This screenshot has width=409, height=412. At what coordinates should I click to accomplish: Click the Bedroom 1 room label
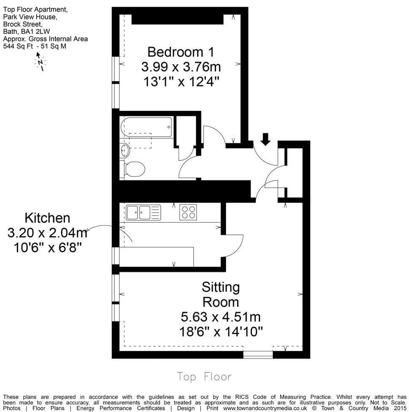[181, 52]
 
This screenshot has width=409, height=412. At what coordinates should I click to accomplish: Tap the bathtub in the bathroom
[146, 127]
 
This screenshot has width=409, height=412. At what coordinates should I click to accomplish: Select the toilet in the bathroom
[134, 169]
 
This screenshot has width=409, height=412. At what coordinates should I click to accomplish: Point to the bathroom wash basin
[125, 150]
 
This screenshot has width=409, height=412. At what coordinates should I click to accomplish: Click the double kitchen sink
[144, 212]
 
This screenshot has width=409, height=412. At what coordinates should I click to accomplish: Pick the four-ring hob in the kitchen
[188, 212]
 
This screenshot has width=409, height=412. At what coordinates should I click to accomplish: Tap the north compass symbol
[40, 62]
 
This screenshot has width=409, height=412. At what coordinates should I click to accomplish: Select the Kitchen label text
[47, 218]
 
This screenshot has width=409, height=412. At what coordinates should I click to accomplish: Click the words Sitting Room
[221, 295]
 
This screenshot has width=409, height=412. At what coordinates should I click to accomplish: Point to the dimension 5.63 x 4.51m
[221, 317]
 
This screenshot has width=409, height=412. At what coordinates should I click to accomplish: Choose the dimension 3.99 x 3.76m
[181, 67]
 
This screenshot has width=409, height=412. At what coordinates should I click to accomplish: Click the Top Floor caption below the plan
[204, 376]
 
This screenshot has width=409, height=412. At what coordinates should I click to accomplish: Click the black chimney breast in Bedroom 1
[177, 19]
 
